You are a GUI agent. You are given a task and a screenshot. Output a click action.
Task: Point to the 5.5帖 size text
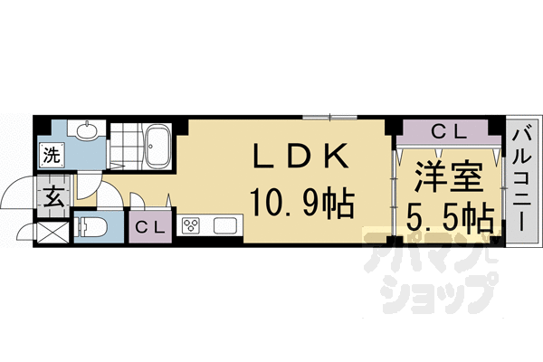coord(446,218)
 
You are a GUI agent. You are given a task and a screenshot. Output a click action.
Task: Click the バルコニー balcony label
coord(521,181)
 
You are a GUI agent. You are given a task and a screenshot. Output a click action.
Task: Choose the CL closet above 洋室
coord(448,132)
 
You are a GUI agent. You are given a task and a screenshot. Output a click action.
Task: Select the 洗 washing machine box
coord(52,155)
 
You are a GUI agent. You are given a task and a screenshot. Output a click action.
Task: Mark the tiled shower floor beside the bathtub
coord(124,145)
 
